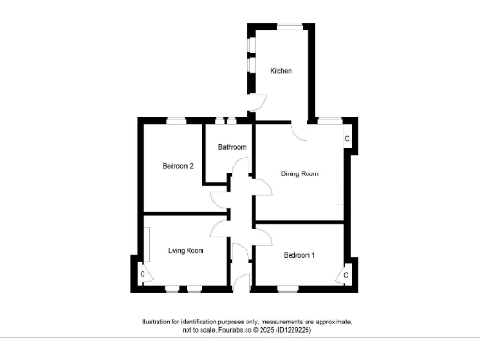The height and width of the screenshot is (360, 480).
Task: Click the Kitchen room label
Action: pos(281,71)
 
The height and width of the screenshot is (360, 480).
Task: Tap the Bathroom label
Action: pos(232,147)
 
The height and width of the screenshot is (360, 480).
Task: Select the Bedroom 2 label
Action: pos(178,166)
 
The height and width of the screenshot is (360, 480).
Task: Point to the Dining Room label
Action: pos(300,173)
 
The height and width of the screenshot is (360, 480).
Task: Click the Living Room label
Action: pos(186,250)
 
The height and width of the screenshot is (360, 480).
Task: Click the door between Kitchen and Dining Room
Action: pos(298,130)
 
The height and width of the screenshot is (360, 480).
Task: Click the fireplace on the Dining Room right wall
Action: pos(340,188)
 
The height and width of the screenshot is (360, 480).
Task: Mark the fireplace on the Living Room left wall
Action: pos(146,245)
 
